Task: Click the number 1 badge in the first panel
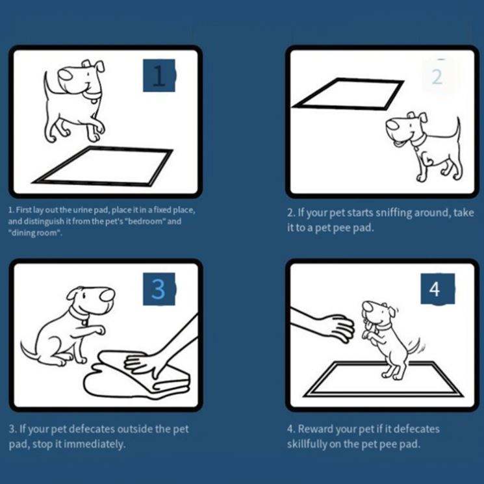(159, 75)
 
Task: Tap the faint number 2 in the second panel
(437, 77)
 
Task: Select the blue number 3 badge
(159, 289)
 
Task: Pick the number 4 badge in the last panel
(437, 289)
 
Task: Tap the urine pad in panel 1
(103, 167)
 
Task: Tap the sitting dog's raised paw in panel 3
(99, 330)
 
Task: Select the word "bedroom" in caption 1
(144, 222)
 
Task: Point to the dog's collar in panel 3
(78, 314)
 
